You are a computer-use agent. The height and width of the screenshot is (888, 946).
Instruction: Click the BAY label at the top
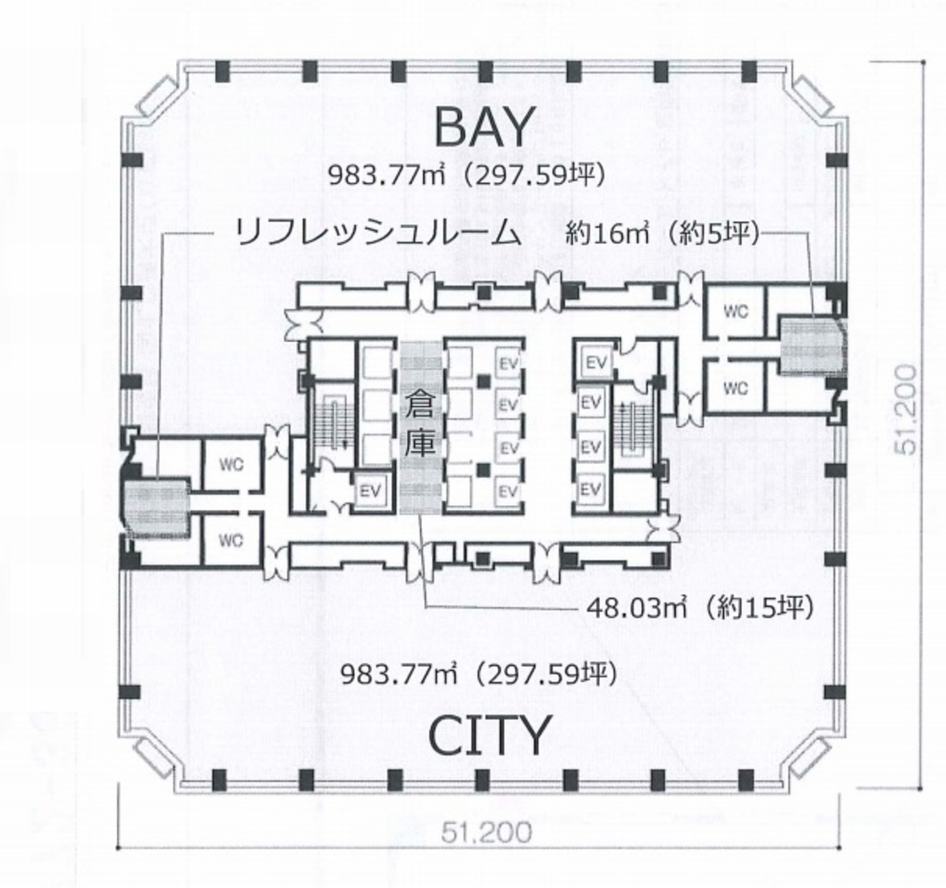484,127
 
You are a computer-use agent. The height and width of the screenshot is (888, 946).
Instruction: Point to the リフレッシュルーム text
379,234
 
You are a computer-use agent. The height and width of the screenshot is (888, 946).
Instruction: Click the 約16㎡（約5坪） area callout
663,234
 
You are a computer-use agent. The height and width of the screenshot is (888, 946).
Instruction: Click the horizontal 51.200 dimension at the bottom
486,830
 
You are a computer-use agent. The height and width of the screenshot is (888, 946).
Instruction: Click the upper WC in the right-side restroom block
735,311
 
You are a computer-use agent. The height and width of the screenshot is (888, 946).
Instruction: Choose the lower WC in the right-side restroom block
735,387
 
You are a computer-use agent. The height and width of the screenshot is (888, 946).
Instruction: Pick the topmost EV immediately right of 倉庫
508,362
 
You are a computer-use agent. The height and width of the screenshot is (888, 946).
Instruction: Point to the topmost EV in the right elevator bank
596,362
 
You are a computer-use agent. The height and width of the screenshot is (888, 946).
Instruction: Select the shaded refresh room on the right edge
811,347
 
